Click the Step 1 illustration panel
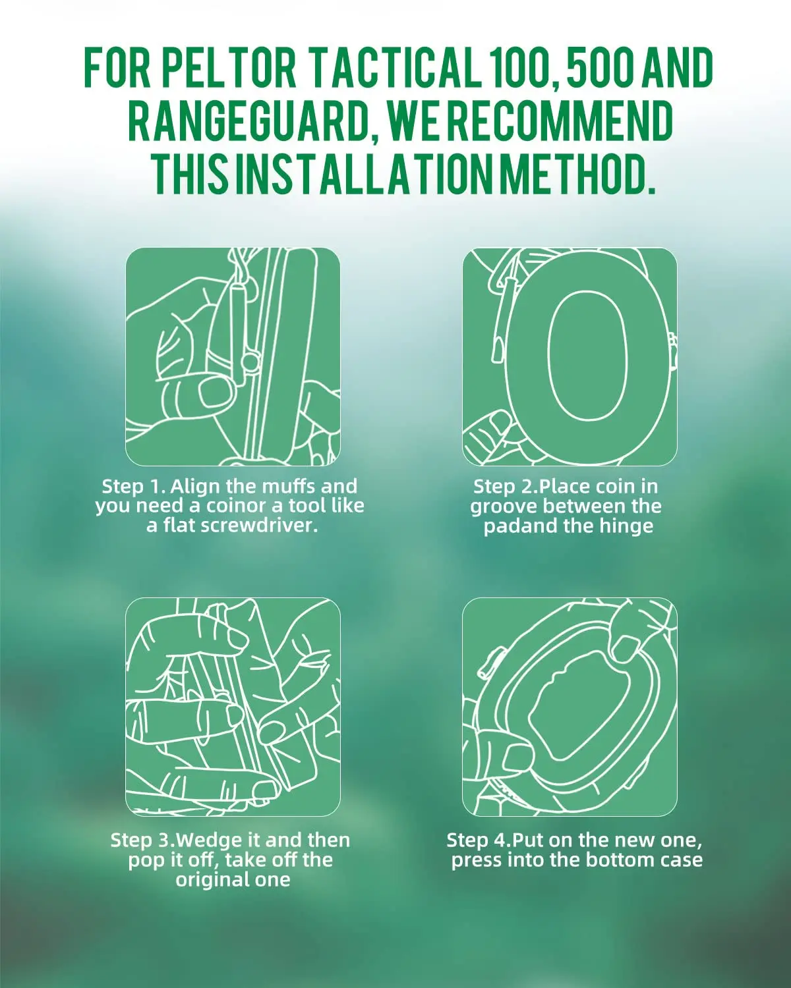233,357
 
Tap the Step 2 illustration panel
570,357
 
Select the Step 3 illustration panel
233,707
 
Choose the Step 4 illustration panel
570,707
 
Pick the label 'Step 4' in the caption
475,840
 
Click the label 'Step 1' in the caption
131,486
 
